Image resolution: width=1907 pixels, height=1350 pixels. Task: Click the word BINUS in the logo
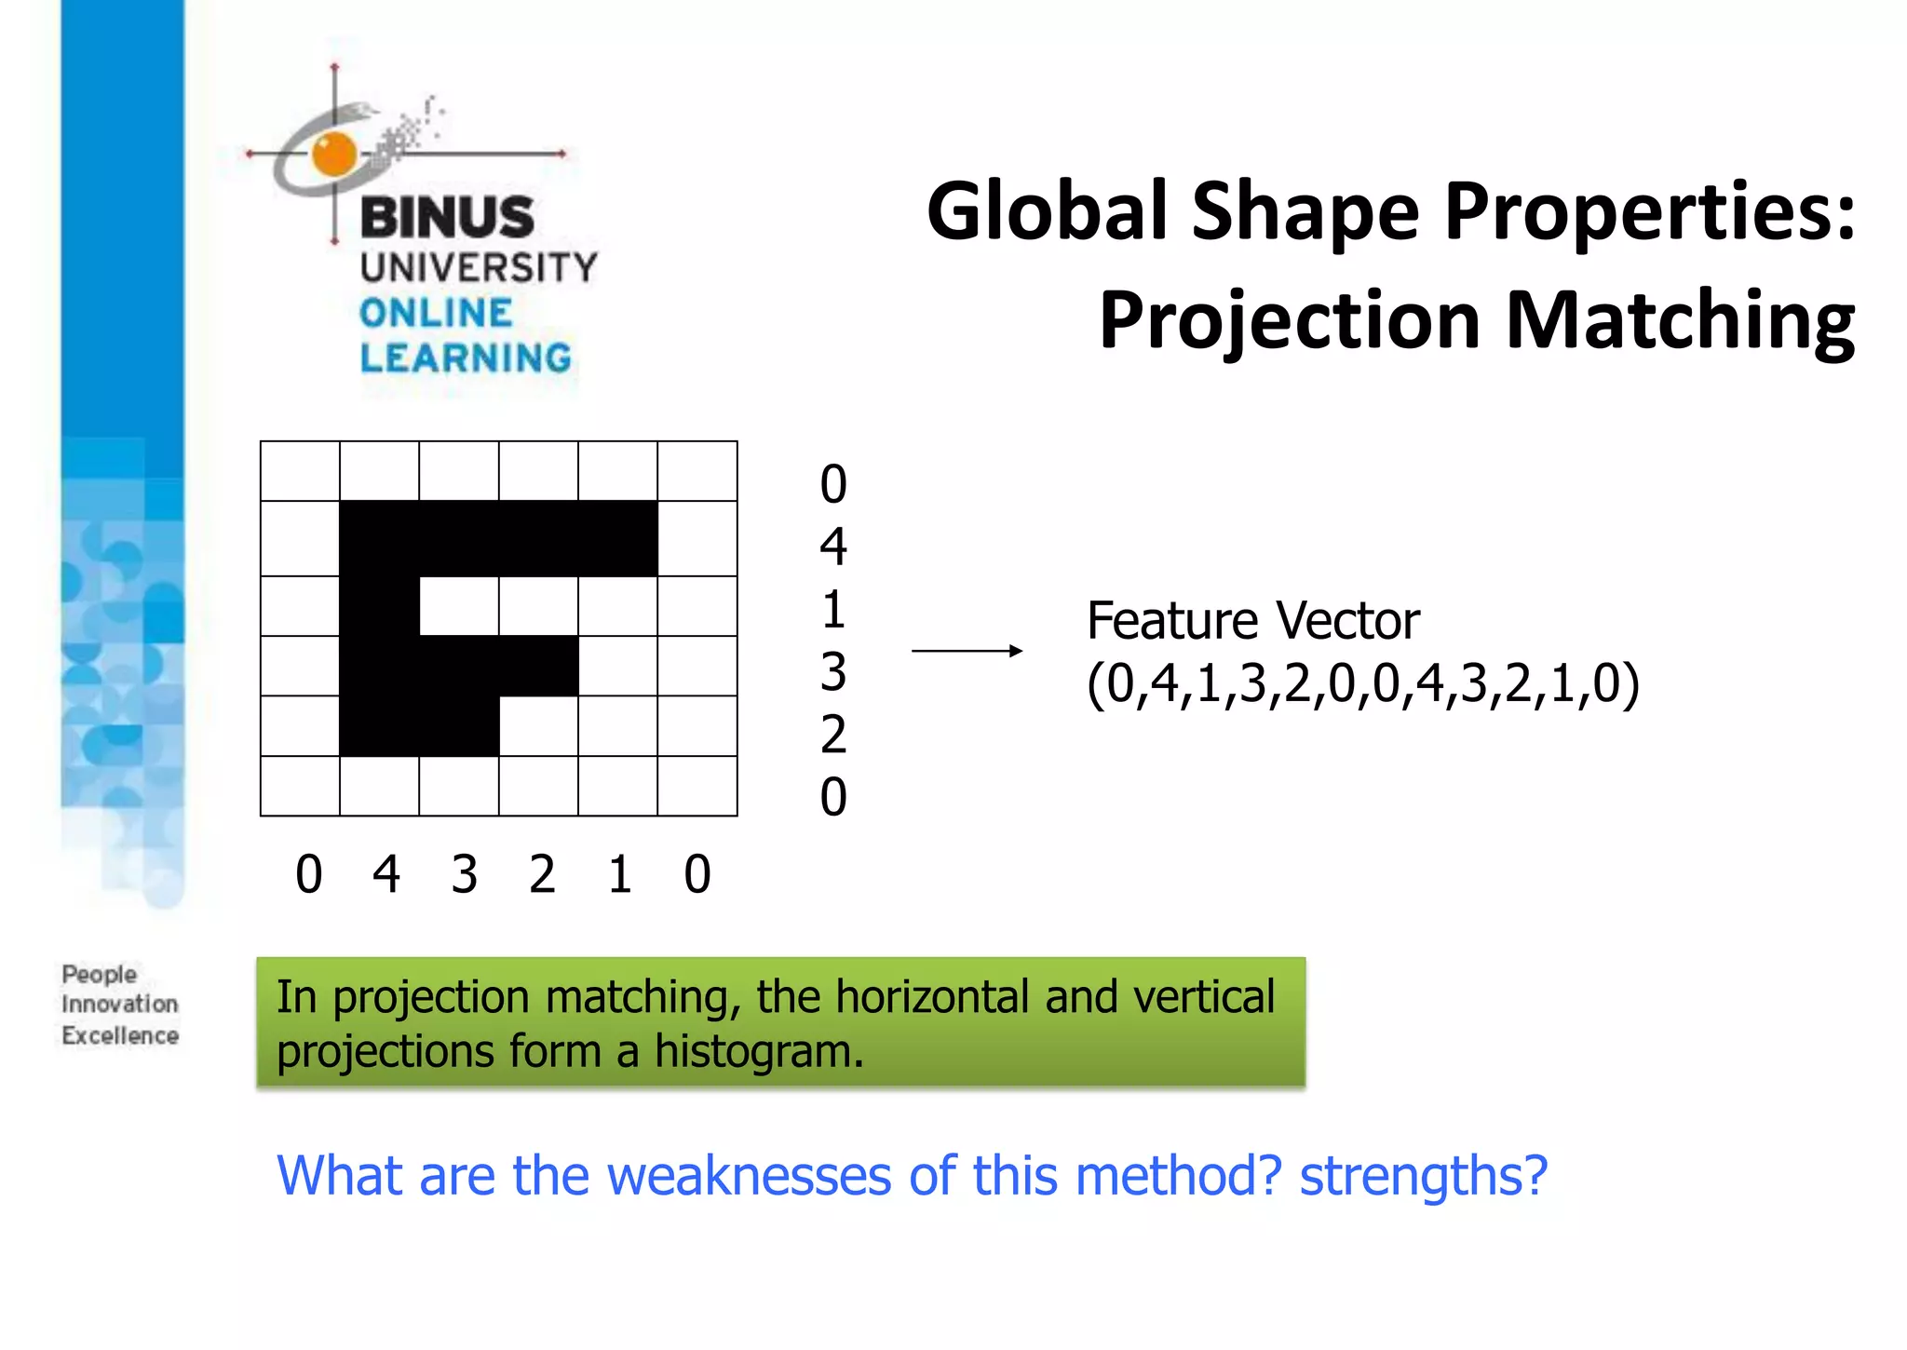(447, 217)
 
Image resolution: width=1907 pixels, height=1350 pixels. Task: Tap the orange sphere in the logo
(334, 154)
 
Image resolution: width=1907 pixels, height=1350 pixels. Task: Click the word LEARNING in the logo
(466, 358)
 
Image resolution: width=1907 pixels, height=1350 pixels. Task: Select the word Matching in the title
(1680, 321)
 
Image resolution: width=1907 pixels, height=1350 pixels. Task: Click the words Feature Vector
(1252, 621)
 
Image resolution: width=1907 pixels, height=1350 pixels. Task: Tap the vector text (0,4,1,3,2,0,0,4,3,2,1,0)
(1362, 684)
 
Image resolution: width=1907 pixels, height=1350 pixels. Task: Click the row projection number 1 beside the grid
(833, 610)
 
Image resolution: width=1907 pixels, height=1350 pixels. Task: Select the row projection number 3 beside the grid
(833, 672)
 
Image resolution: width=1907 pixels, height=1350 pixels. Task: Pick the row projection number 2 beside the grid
(833, 735)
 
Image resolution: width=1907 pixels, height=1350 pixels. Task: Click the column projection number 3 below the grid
(465, 875)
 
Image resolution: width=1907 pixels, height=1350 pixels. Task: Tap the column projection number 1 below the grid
(620, 875)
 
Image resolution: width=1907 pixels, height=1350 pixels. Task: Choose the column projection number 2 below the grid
(542, 875)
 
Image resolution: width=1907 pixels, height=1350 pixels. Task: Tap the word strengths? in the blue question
(1423, 1176)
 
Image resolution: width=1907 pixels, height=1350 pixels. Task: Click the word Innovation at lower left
(119, 1005)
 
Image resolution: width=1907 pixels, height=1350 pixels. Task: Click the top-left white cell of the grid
(300, 471)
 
